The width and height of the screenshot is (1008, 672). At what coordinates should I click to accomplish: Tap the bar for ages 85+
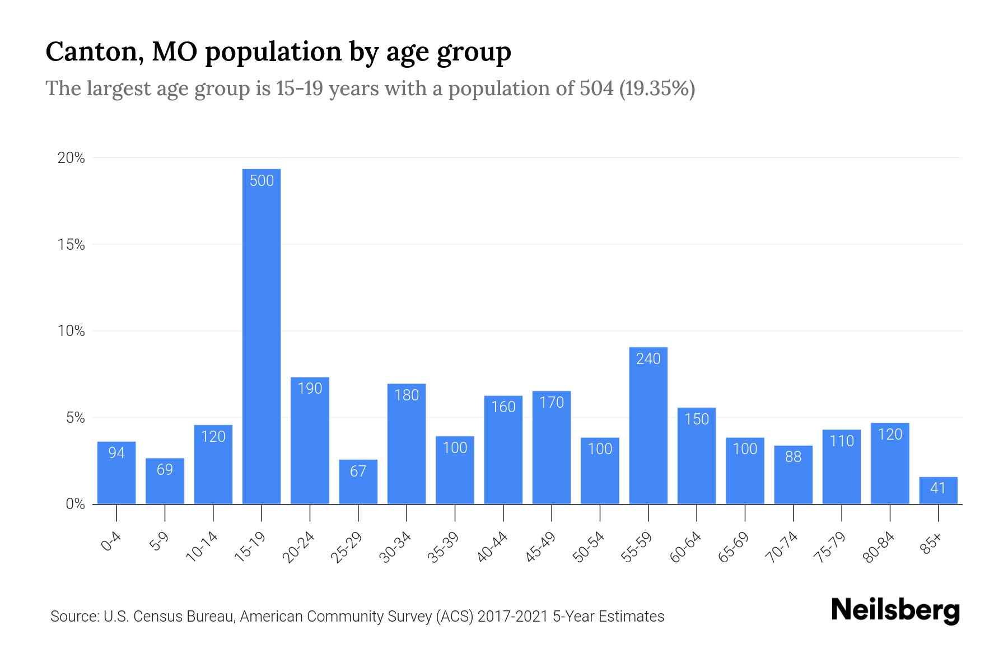938,491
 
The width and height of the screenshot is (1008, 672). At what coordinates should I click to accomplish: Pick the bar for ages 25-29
358,482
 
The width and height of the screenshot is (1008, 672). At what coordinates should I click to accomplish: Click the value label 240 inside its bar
648,359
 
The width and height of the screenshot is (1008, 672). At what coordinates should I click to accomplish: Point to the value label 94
116,452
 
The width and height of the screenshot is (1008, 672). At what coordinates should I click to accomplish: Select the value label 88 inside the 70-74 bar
793,457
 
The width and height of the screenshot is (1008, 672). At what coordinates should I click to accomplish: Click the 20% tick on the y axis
72,158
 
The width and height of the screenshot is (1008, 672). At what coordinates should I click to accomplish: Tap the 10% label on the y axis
72,331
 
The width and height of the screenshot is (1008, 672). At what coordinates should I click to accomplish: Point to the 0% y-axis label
75,504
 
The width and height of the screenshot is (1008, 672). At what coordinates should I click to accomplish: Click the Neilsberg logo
895,610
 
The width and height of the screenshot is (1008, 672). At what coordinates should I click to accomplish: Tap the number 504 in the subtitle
597,88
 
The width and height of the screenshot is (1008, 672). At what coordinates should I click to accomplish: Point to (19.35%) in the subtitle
657,88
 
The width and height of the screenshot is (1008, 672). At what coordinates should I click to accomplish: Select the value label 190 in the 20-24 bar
310,389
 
